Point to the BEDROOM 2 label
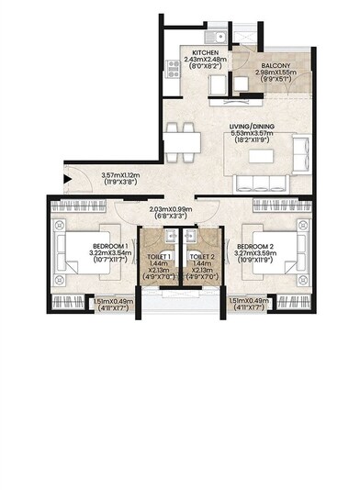click(x=258, y=247)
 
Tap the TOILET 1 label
click(x=157, y=256)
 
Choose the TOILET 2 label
click(x=201, y=256)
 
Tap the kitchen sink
click(x=212, y=36)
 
